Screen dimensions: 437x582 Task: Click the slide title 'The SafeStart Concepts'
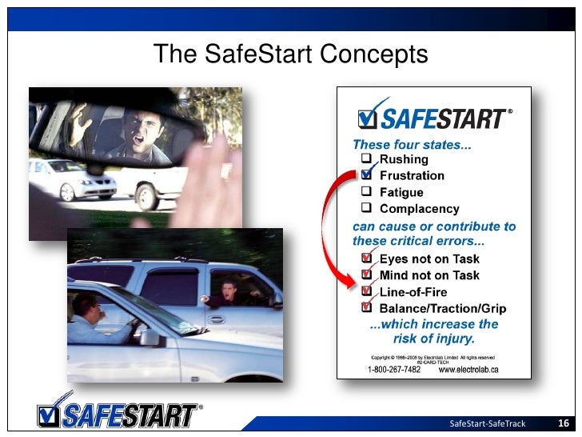click(x=291, y=54)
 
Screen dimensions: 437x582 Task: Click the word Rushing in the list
click(x=404, y=158)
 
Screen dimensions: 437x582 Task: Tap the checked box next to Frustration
click(x=366, y=174)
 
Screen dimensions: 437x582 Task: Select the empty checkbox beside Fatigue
click(x=366, y=192)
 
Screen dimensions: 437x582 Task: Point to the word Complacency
click(x=419, y=209)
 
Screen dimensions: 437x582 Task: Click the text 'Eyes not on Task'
click(x=429, y=259)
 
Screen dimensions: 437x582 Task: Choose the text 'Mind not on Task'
click(x=429, y=275)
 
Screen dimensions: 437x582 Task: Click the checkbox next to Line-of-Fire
click(x=366, y=291)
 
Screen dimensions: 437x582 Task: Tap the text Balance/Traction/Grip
click(x=442, y=308)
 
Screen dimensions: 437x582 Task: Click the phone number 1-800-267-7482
click(x=394, y=370)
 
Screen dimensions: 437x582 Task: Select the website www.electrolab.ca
click(x=468, y=370)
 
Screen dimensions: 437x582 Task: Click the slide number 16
click(x=562, y=423)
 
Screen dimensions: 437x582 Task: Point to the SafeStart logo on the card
click(x=432, y=118)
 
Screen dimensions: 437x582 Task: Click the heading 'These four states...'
click(x=412, y=144)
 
